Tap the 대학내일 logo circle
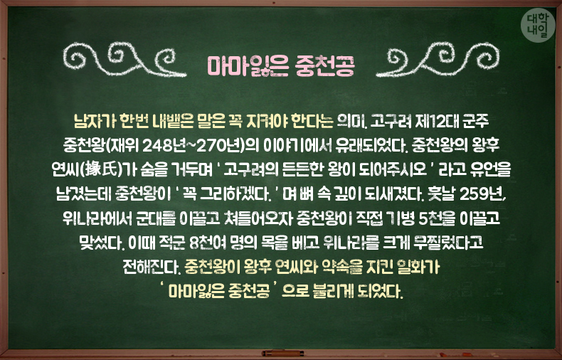(x=538, y=25)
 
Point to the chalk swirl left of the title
(x=124, y=59)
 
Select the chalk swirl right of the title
(x=438, y=59)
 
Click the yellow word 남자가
(x=95, y=122)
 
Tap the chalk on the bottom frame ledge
(x=283, y=353)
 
